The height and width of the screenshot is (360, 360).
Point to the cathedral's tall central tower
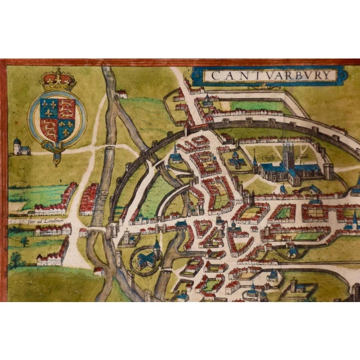coord(289,152)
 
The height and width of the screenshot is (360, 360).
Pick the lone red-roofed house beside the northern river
coord(122,94)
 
